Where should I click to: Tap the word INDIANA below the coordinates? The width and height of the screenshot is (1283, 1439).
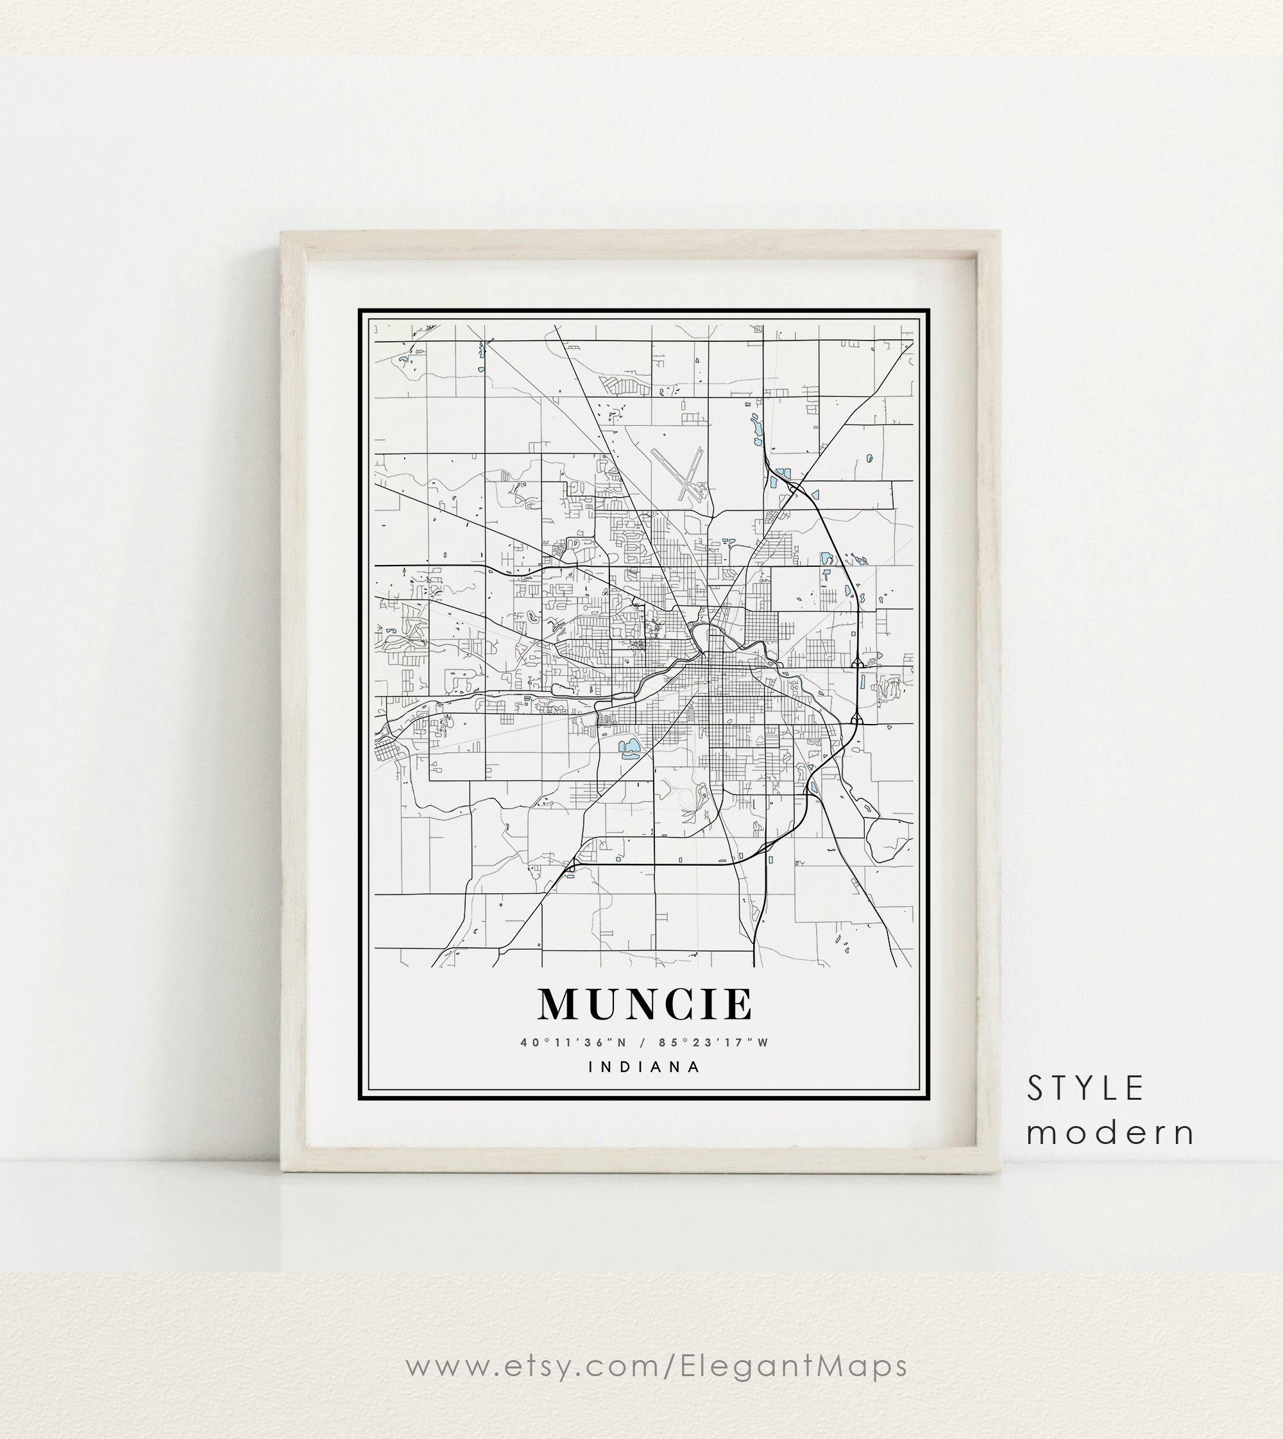[645, 1067]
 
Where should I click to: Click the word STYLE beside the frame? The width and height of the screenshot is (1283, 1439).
[1085, 1089]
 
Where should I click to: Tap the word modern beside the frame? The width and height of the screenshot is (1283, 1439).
[1110, 1133]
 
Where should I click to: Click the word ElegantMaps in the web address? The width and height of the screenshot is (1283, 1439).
[794, 1367]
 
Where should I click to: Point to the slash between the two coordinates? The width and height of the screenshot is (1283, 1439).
[643, 1042]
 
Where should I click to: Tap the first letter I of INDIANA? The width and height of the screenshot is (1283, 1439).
[591, 1067]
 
